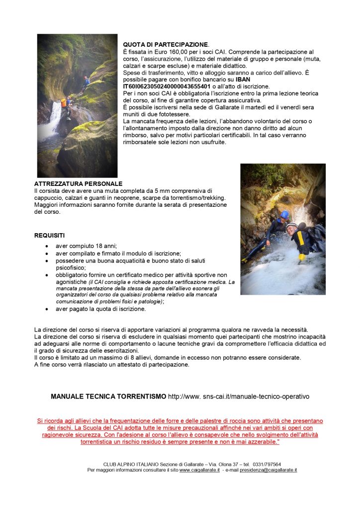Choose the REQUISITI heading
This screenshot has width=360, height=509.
click(x=49, y=235)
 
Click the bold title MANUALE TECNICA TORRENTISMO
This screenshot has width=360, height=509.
click(x=108, y=397)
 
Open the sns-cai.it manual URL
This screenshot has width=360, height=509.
click(x=239, y=397)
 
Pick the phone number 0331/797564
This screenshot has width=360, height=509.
click(x=267, y=464)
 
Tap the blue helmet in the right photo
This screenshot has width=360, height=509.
click(x=284, y=215)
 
